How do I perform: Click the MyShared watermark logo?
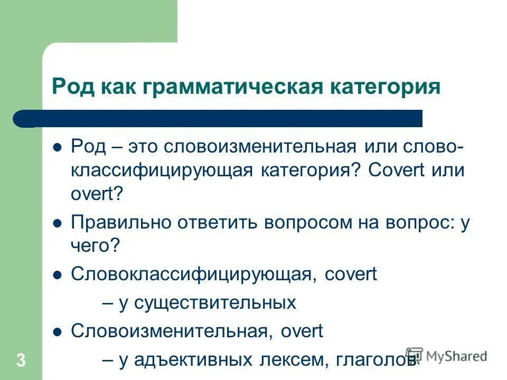[x=446, y=356]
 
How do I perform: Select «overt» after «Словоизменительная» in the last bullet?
[x=302, y=331]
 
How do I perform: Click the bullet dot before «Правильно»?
[x=58, y=223]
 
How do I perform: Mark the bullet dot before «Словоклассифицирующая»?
[x=58, y=274]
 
